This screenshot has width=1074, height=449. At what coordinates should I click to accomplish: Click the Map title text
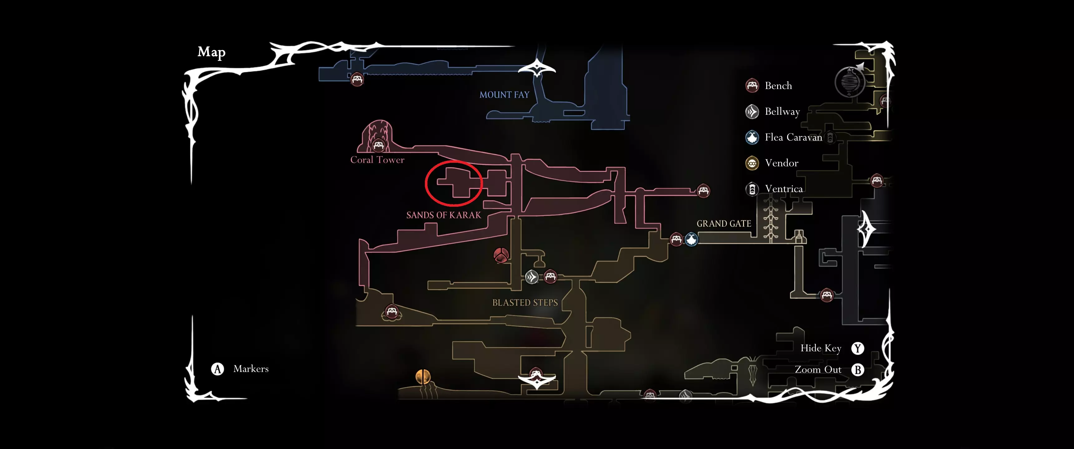click(x=211, y=52)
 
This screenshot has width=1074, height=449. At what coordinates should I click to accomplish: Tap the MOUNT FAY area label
click(x=504, y=95)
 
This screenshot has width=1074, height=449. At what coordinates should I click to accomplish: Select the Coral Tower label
click(x=377, y=160)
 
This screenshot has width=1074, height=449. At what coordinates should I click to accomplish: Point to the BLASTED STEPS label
click(x=525, y=303)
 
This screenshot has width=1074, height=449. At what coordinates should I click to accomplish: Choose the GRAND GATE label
click(x=723, y=224)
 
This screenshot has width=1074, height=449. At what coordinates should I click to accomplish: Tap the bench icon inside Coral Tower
click(x=378, y=145)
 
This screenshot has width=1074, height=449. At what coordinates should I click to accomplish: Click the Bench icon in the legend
click(x=752, y=85)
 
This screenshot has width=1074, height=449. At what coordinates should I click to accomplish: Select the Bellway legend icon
click(x=752, y=112)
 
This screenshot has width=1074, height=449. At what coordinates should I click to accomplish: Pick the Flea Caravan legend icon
click(x=752, y=138)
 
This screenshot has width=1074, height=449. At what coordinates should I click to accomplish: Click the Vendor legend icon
click(x=752, y=163)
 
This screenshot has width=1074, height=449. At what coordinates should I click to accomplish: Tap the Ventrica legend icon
click(x=752, y=189)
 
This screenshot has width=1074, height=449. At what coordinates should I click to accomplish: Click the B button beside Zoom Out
click(x=857, y=370)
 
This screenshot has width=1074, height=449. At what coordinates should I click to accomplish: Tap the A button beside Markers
click(x=217, y=369)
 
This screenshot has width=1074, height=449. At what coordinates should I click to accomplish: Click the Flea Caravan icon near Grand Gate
click(x=691, y=239)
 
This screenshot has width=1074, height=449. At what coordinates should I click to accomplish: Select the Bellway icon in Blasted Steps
click(x=532, y=277)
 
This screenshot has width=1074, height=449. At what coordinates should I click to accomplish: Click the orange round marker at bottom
click(x=423, y=377)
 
